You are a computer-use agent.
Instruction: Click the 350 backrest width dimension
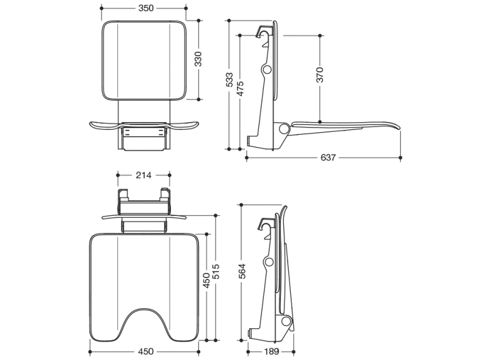coord(146,8)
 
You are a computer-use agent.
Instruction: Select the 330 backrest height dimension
coord(198,59)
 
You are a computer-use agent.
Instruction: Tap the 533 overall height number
coord(230,80)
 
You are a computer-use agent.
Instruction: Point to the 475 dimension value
coord(240,88)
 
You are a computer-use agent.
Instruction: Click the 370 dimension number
coord(320,75)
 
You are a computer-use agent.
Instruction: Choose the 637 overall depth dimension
coord(328,157)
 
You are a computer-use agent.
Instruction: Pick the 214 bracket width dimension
coord(144,176)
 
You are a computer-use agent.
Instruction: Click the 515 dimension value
coord(216,272)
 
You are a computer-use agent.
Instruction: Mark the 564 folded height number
coord(242,271)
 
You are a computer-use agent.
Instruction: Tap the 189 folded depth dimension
coord(271,351)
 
